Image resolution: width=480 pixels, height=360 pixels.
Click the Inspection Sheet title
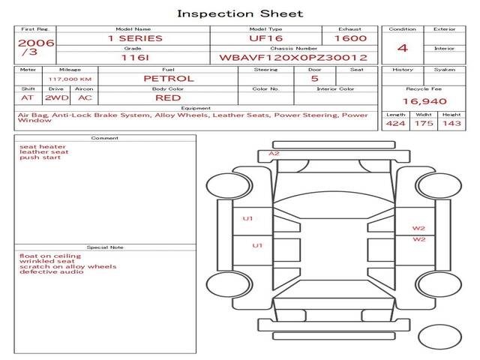tap(240, 13)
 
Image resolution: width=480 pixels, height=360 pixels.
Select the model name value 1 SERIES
tap(135, 38)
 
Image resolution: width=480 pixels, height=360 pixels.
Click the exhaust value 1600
tap(350, 38)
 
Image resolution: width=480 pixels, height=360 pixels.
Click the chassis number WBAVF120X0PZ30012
tap(292, 57)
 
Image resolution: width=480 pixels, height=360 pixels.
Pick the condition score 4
tap(403, 48)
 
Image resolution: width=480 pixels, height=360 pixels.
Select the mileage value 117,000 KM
tap(70, 78)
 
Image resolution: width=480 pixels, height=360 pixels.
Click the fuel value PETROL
tap(169, 78)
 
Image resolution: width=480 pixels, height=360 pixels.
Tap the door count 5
tap(314, 78)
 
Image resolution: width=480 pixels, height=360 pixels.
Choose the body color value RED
tap(168, 97)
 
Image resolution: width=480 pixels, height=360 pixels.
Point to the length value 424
tap(395, 124)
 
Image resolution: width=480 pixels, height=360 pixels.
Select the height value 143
tap(451, 124)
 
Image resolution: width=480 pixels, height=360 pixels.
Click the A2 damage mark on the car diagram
tap(274, 154)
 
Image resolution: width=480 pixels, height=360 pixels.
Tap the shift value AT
tap(28, 97)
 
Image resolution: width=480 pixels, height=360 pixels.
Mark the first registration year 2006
tap(35, 43)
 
